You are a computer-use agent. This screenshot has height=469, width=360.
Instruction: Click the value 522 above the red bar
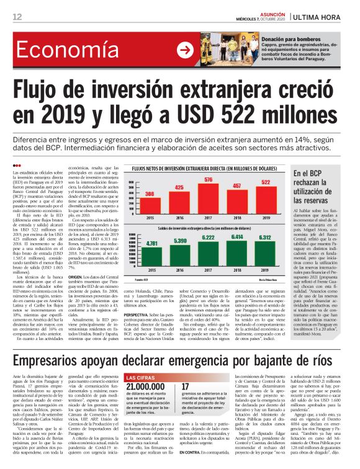click(x=282, y=182)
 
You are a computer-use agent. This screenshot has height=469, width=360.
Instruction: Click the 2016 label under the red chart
click(x=179, y=218)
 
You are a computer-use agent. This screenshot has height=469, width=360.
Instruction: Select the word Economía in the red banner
click(x=62, y=50)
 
